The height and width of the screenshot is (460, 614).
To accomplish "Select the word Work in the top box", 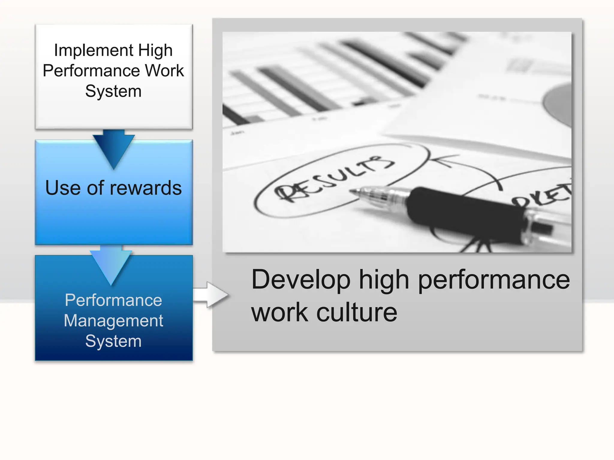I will pos(165,71).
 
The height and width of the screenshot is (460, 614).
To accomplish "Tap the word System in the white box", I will pos(113,91).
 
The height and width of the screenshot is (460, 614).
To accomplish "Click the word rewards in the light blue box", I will pos(145,188).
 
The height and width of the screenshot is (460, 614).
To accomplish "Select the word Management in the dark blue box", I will pos(113,321).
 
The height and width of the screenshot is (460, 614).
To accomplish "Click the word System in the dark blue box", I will pos(113,341).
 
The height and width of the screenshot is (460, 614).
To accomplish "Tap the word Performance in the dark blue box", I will pos(113,300).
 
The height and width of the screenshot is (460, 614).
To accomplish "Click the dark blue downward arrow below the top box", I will pos(113,148).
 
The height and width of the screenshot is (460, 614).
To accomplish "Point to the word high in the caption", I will pos(384,280).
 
